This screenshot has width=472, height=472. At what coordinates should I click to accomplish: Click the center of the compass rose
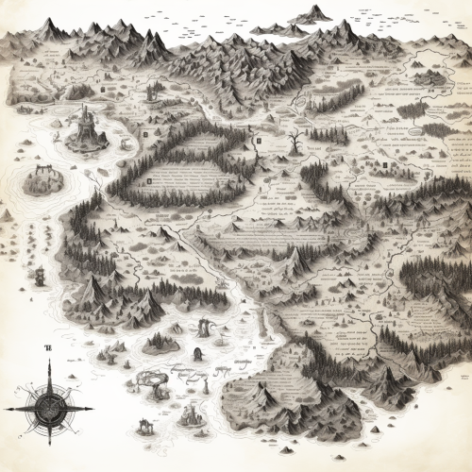(49, 408)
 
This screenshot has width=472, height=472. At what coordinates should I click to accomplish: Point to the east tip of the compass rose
(93, 408)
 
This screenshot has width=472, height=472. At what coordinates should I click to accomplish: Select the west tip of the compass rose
(5, 408)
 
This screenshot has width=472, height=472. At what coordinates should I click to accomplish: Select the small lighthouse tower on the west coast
(40, 277)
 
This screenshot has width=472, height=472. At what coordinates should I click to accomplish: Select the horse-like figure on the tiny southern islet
(196, 355)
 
